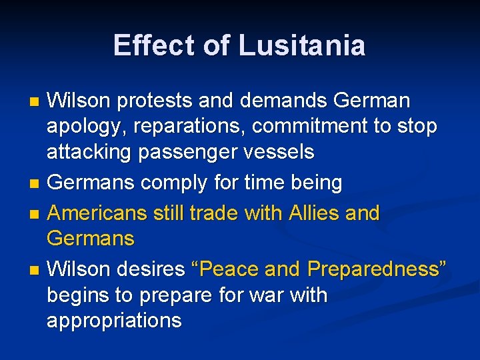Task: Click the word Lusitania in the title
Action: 302,46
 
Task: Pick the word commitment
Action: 314,127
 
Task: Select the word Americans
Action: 98,213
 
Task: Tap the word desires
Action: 150,269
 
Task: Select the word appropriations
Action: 114,320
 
